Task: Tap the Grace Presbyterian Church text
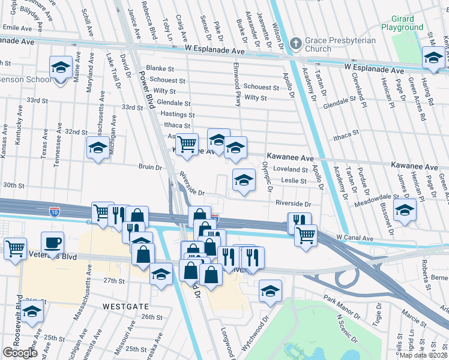point(340,45)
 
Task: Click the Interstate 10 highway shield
point(54,211)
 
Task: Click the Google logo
point(20,353)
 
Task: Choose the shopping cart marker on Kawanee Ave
point(187,144)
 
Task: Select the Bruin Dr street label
point(150,168)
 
